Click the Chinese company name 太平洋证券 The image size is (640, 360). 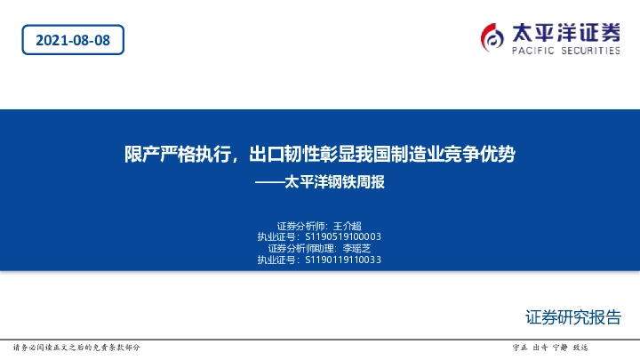click(x=565, y=33)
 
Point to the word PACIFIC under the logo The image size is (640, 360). click(x=531, y=52)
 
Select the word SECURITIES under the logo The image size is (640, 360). click(x=588, y=52)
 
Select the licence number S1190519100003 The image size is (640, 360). click(x=343, y=237)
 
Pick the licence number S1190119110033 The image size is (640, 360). click(x=343, y=260)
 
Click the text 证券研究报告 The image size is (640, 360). click(x=573, y=317)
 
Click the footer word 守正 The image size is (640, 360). click(x=521, y=348)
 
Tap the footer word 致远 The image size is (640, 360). click(x=580, y=348)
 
